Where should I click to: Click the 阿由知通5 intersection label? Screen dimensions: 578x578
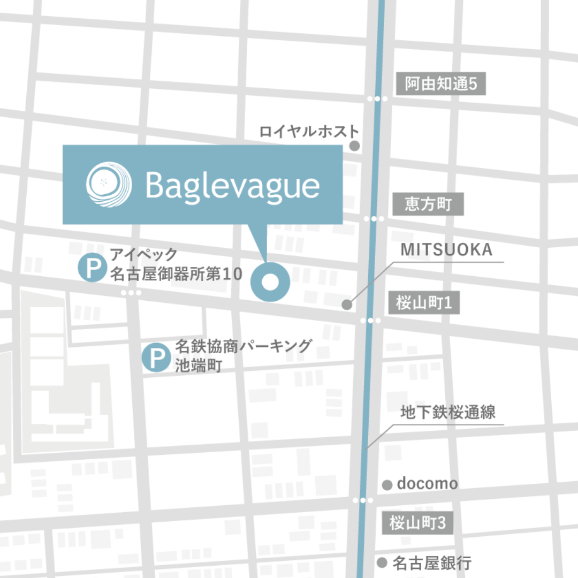point(440,85)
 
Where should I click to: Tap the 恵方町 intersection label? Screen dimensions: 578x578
point(428,204)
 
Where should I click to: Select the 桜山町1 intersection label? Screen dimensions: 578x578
point(424,303)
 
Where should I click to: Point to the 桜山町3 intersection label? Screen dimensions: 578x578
point(417,523)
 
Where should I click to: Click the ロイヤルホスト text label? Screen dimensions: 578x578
point(309,131)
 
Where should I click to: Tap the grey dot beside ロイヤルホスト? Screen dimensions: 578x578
point(354,144)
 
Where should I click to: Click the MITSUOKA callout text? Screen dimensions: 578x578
point(446,250)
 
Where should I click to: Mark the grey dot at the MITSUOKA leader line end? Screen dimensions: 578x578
point(347,305)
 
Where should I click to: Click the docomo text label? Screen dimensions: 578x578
point(427,484)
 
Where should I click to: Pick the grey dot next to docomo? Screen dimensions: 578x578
point(387,485)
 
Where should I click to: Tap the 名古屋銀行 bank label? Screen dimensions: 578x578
point(432,563)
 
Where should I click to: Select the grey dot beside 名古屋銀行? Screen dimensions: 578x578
point(382,562)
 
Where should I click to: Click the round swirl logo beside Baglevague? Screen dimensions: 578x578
point(109,183)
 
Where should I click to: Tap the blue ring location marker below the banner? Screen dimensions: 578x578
point(271,282)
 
